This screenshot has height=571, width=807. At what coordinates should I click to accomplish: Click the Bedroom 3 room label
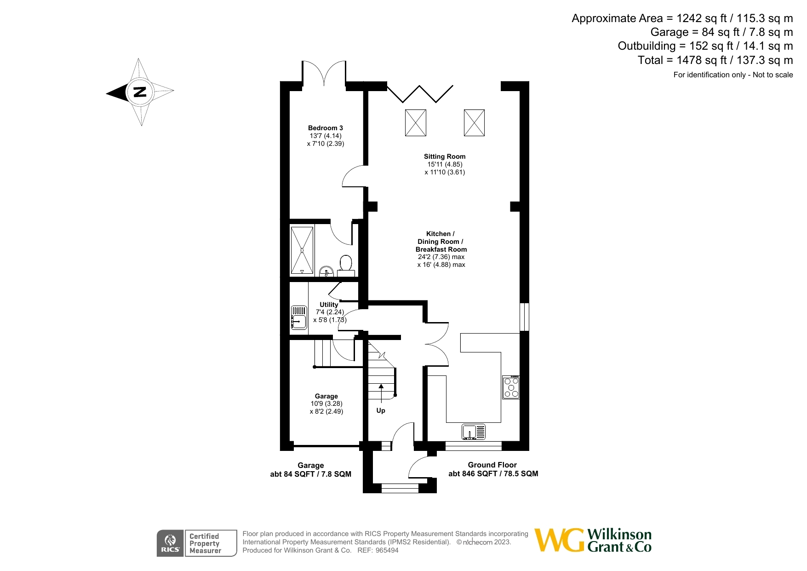coord(325,128)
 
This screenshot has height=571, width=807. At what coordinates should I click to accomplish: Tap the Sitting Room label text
coord(444,156)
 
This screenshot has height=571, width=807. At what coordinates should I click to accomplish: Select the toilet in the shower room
coord(346,264)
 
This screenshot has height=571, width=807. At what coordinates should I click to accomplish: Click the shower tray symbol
coord(302,250)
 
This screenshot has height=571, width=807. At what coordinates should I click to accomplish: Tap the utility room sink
coord(299,318)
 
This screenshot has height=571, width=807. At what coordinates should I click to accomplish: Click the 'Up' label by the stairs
coord(381,410)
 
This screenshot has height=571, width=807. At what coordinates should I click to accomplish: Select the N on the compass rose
coord(139,92)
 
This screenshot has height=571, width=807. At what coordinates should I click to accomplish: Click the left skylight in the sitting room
coord(415,123)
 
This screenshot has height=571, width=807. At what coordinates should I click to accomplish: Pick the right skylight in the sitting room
coord(474,123)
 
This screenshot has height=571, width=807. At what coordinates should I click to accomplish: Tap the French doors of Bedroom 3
coord(324,74)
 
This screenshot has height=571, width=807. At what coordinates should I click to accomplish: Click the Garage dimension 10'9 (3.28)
coord(326,404)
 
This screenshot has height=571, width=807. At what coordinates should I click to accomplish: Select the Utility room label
coord(329,304)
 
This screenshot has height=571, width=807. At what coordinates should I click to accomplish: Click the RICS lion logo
coord(170,543)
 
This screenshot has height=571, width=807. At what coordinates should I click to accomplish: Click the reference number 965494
coord(387,550)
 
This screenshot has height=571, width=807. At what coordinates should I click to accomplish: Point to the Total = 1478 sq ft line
coord(715,60)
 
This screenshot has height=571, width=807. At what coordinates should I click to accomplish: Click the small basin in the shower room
coord(326,271)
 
